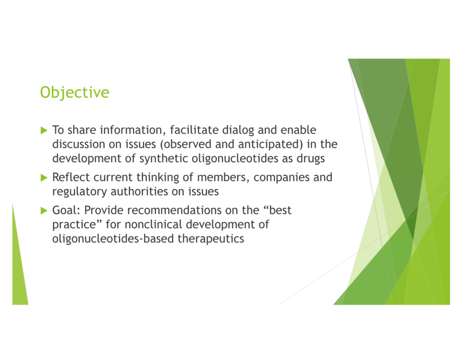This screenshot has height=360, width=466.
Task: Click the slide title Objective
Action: (75, 92)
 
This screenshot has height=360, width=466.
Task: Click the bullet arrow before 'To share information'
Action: (44, 130)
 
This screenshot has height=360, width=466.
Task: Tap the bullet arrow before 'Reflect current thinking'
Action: (44, 178)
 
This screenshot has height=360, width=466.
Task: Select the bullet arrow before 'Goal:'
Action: (44, 211)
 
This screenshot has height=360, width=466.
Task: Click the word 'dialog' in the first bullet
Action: (238, 131)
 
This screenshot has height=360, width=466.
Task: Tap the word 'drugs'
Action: (310, 159)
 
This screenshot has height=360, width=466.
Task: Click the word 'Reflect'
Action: (71, 177)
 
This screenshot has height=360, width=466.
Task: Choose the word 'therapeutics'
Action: (211, 239)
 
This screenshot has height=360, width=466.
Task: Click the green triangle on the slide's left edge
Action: (19, 268)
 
